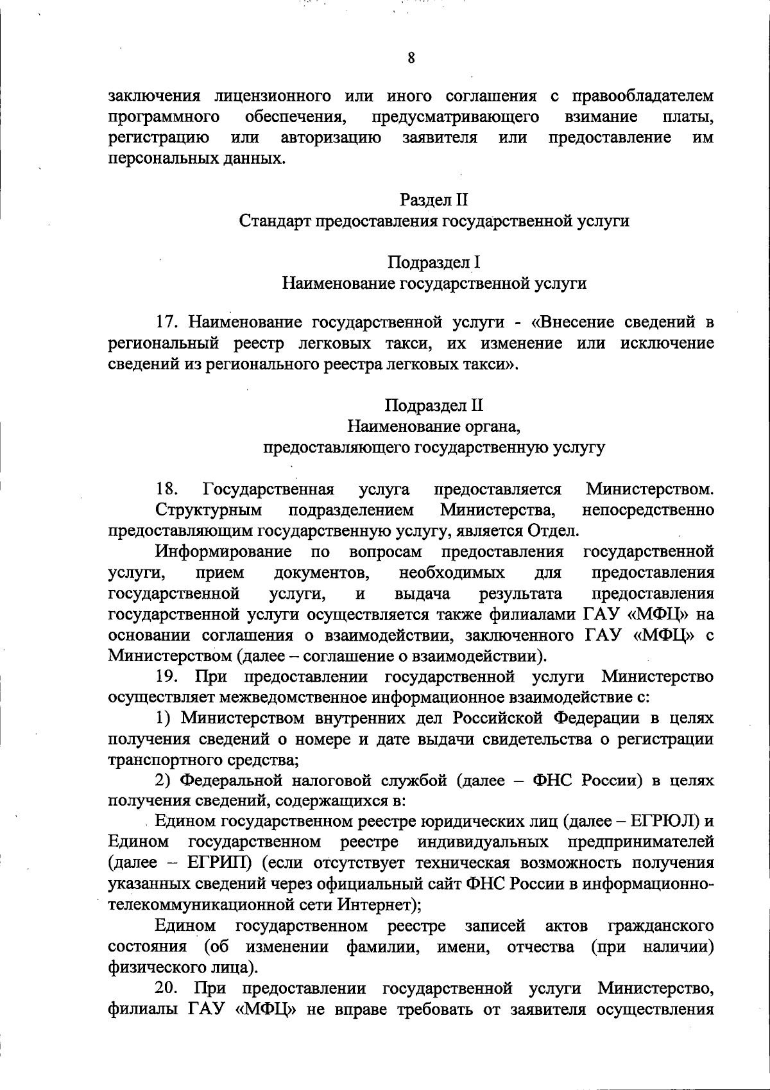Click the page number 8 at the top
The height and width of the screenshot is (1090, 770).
pos(411,58)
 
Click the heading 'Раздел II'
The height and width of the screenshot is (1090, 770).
pos(434,201)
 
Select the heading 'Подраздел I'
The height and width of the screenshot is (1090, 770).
pos(434,262)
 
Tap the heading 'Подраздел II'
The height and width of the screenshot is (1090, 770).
pos(434,406)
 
